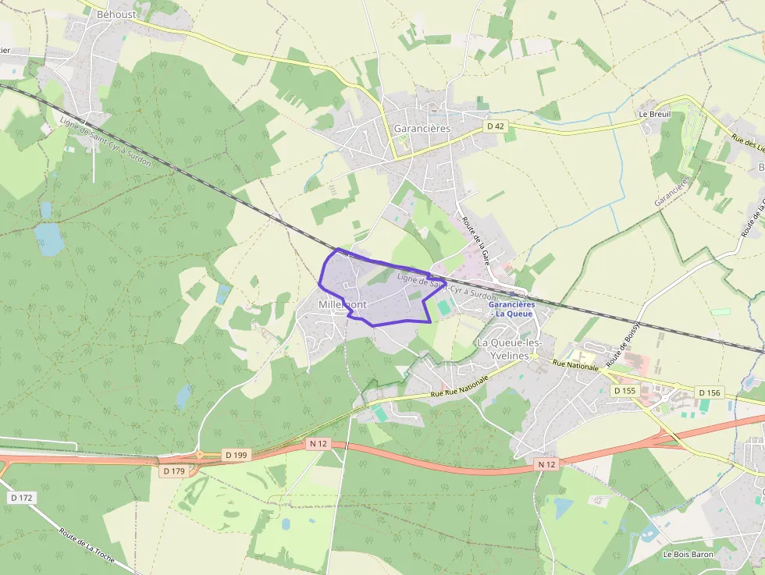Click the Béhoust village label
tap(116, 14)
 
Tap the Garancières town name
tap(422, 129)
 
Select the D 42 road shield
tap(495, 126)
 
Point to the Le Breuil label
tap(654, 114)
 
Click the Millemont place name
tap(342, 304)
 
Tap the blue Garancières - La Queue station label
tap(511, 308)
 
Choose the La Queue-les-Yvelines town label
tap(514, 348)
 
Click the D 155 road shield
tap(626, 390)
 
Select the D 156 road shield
tap(710, 392)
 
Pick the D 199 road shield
tap(236, 454)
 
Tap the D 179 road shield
tap(174, 471)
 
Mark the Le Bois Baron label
tap(688, 555)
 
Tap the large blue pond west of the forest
tap(49, 239)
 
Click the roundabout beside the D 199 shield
tap(200, 455)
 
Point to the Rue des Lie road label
tap(747, 149)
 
